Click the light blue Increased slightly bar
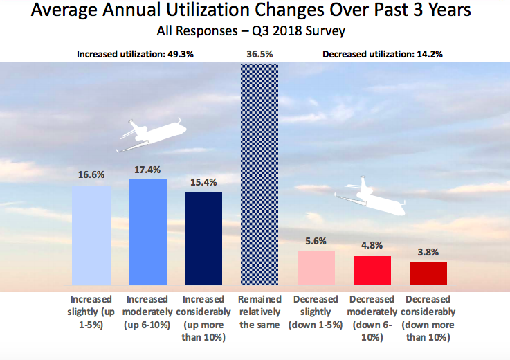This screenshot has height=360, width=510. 91,235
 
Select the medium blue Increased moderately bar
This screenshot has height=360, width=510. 147,232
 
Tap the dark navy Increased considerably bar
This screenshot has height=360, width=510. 203,238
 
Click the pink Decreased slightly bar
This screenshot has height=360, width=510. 316,267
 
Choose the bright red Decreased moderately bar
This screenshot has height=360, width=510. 372,270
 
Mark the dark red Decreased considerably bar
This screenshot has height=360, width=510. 428,273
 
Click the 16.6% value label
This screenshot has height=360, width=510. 91,176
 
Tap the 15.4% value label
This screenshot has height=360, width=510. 203,182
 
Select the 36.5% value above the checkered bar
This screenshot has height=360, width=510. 259,53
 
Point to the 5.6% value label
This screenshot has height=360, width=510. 316,241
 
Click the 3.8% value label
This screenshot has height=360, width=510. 428,253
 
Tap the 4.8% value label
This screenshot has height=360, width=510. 372,246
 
